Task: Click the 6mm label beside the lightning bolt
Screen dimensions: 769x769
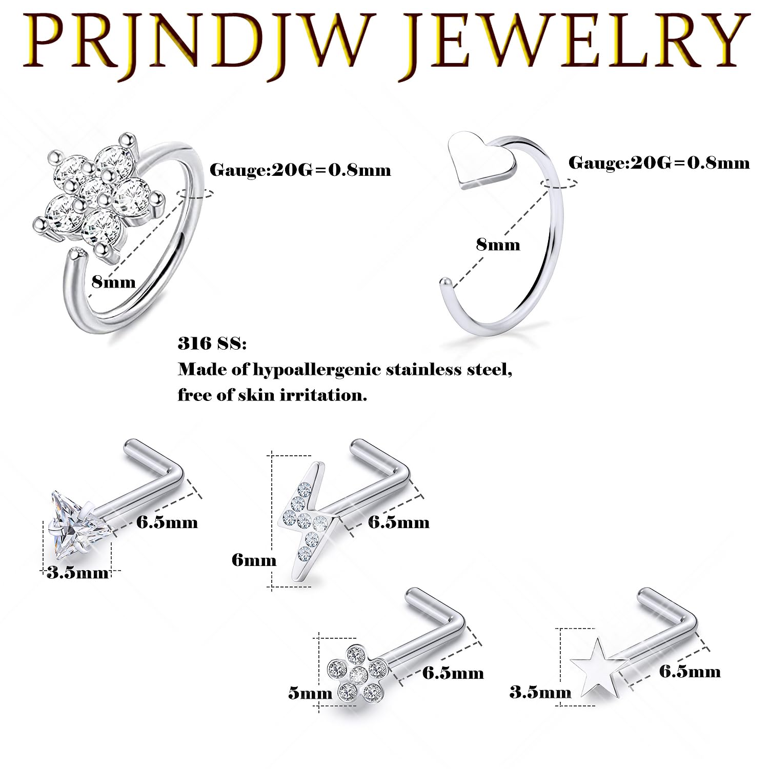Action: [254, 559]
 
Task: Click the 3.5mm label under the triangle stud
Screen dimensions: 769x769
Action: [77, 572]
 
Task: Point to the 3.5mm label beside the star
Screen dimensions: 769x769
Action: [540, 693]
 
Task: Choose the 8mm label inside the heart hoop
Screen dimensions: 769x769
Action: [498, 245]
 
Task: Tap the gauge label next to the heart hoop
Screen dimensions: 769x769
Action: [659, 163]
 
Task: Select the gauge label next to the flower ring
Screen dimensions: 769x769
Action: [300, 170]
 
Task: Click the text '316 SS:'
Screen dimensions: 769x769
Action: [212, 343]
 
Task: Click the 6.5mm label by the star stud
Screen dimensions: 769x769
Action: [690, 671]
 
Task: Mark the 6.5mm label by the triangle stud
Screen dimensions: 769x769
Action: [167, 522]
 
